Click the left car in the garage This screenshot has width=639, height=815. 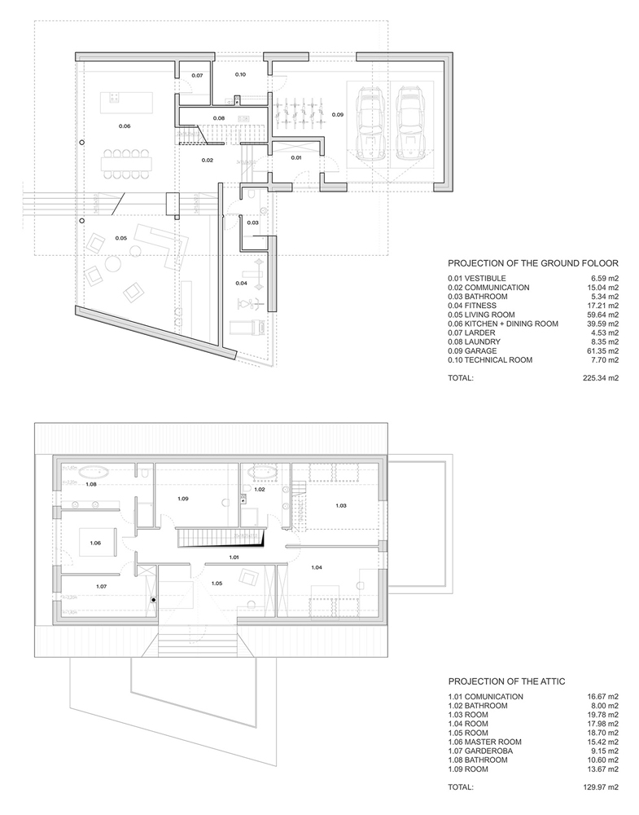[x=371, y=124]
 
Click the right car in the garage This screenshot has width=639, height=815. [x=411, y=124]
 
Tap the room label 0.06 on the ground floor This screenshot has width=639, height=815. [x=124, y=126]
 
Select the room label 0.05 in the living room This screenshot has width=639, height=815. [x=120, y=238]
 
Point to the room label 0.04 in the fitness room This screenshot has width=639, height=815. [x=242, y=283]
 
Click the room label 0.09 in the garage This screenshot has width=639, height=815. [x=337, y=115]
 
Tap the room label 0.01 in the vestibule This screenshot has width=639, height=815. [x=295, y=156]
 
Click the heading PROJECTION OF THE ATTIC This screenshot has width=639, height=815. [x=506, y=681]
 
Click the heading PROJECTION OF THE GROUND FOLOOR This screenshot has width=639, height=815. [x=533, y=263]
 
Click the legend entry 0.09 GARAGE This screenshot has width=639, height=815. [x=481, y=350]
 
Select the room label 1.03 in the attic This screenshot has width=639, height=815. [x=340, y=506]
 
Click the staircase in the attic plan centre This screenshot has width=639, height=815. [x=221, y=539]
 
